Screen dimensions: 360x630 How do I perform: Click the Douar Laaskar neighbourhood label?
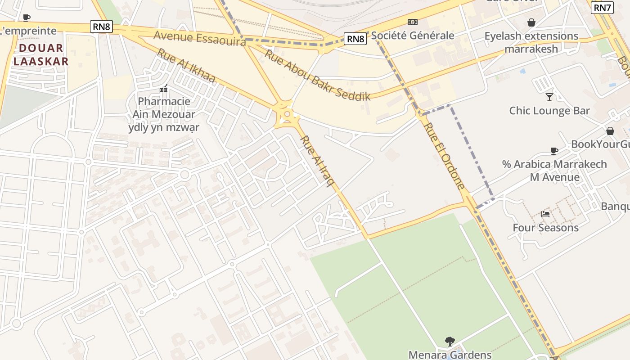41,54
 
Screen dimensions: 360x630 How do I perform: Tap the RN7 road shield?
603,8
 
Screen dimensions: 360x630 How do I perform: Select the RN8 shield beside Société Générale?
355,39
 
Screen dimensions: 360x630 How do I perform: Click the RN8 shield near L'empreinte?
101,27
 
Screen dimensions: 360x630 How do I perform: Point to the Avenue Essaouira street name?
200,38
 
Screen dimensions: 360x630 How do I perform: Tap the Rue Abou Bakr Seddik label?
317,75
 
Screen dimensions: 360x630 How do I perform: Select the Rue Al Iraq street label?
318,161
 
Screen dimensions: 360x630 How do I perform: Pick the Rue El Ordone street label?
444,155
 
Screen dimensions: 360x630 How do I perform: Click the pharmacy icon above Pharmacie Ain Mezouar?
164,89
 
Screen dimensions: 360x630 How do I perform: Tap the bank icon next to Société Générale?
412,22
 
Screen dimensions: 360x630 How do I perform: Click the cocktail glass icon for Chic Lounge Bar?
549,97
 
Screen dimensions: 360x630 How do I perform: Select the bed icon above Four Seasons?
545,214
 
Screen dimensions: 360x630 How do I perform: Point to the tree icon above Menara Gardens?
450,342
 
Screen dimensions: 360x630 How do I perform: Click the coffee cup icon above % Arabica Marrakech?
554,151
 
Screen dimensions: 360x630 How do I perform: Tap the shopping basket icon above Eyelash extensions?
531,22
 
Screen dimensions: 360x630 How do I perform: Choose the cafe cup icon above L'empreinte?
27,18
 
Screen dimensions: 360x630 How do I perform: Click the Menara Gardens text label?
450,355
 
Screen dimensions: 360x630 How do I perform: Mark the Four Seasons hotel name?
545,228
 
